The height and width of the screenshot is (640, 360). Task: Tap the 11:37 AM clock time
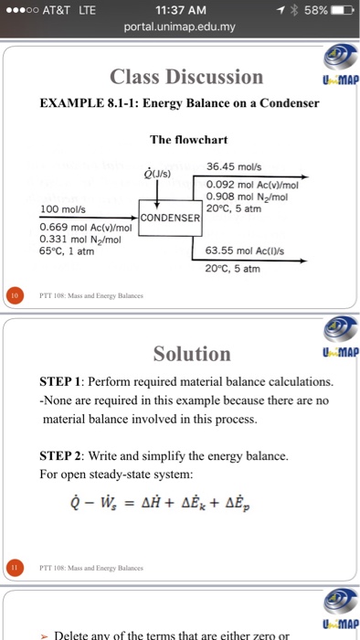pos(180,9)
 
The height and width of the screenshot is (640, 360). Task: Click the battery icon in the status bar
pos(338,9)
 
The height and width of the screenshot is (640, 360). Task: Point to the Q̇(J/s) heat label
pos(157,172)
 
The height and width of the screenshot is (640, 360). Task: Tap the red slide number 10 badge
pos(13,295)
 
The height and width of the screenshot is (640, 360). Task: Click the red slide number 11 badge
pos(13,566)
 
